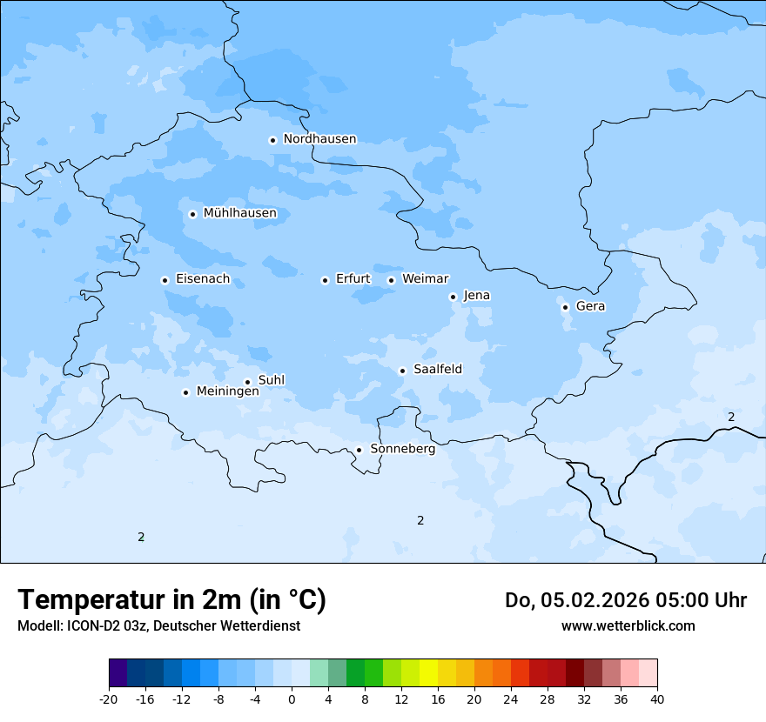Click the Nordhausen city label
pos(319,139)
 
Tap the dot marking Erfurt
pos(325,280)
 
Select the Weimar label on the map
pos(425,279)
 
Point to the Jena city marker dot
pos(453,297)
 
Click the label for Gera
pos(590,306)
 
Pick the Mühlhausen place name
pos(239,213)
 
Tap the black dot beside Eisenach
pos(165,280)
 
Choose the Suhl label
pos(272,380)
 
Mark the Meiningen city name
pos(227,391)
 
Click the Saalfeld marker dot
pos(402,371)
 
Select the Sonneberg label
pos(402,449)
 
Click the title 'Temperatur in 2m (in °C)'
pos(171,600)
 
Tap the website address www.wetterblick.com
pos(628,625)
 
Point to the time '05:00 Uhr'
pos(689,600)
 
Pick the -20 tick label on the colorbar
pos(109,699)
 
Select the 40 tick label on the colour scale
pos(657,699)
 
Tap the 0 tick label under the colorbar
pos(292,699)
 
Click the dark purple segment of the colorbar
pos(118,673)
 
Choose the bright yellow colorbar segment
pos(428,673)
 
